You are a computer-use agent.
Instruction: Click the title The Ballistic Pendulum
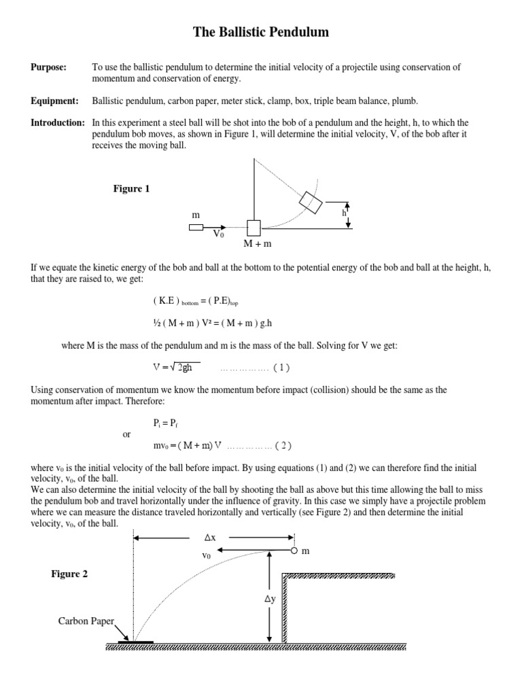[261, 32]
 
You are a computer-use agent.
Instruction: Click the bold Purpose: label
[49, 67]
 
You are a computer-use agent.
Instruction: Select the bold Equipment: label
[54, 101]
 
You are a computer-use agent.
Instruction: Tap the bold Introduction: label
[58, 122]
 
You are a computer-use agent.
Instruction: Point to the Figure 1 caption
[131, 189]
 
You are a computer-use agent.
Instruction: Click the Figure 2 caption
[70, 574]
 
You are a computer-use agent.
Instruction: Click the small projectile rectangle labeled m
[196, 228]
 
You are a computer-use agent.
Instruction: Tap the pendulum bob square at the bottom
[254, 228]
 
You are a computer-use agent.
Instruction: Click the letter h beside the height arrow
[344, 213]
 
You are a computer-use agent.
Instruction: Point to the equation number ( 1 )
[281, 368]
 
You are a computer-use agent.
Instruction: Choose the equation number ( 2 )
[284, 446]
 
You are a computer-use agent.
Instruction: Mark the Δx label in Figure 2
[209, 538]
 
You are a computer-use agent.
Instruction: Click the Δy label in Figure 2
[270, 600]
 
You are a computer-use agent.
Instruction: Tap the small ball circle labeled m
[294, 551]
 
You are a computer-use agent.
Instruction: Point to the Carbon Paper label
[86, 621]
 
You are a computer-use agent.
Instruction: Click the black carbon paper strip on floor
[135, 640]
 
